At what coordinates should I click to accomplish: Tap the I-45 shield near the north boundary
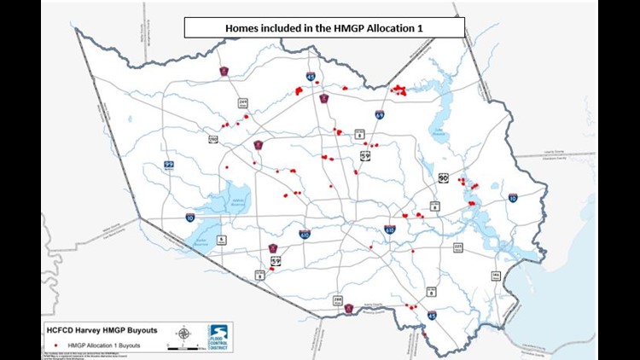tap(311, 77)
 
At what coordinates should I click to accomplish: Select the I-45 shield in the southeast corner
tap(433, 315)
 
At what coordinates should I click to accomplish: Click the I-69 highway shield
tap(379, 113)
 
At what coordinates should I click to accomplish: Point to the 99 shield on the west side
tap(169, 165)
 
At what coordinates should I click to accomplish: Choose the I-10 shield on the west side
tap(190, 218)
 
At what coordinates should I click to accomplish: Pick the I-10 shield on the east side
tap(512, 197)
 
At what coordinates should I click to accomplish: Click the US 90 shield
tap(443, 177)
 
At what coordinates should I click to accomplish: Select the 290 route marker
tap(212, 138)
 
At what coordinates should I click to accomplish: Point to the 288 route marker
tap(337, 299)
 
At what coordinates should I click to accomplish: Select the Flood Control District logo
tap(218, 337)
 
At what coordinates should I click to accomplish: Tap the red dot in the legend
tap(55, 345)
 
